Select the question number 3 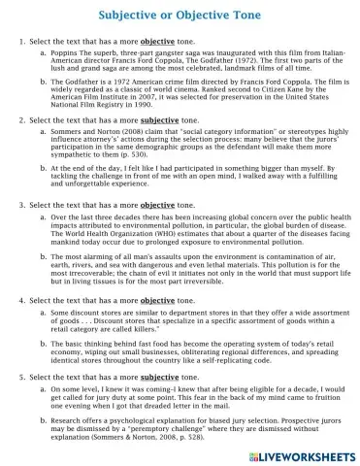click(x=22, y=207)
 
